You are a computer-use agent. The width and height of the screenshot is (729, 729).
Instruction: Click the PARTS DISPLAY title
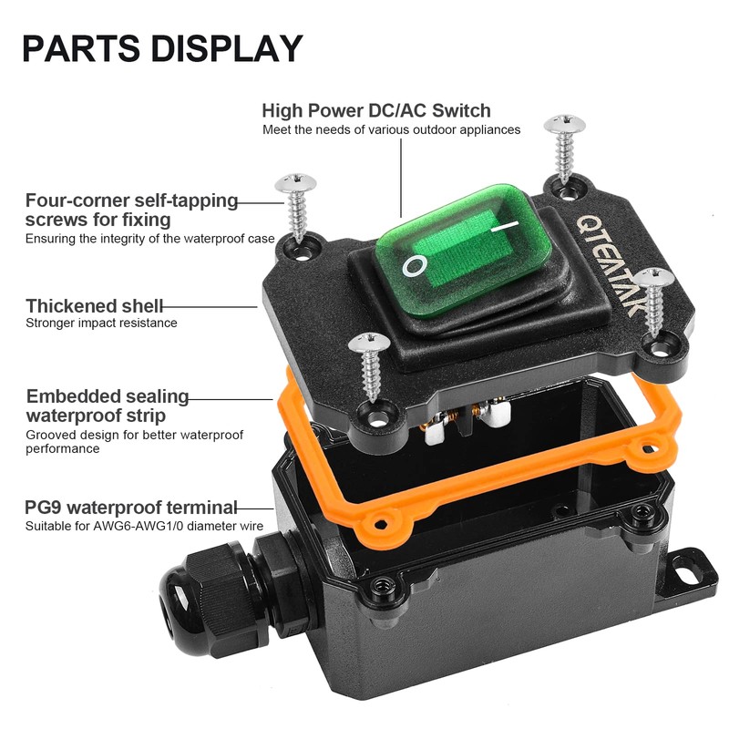163,48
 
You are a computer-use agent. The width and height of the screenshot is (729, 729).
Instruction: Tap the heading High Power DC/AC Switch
376,110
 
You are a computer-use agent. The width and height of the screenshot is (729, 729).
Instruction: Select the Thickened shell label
94,306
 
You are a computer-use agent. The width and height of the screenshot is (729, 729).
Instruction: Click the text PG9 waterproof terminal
130,508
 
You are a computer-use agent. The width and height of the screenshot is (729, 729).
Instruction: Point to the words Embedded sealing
108,396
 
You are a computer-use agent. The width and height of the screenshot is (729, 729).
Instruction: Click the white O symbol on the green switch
415,266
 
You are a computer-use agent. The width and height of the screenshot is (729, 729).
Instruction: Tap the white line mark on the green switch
505,226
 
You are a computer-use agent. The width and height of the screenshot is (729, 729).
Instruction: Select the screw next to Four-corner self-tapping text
296,207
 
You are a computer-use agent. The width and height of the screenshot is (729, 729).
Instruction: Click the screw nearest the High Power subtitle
564,148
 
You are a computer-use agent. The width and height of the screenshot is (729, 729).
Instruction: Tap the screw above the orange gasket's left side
370,366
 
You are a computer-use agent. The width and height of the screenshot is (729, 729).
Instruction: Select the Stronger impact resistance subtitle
101,323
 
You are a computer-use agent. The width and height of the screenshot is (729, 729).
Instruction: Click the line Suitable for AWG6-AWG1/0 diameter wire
144,527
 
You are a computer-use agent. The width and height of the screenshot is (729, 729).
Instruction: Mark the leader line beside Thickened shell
210,307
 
